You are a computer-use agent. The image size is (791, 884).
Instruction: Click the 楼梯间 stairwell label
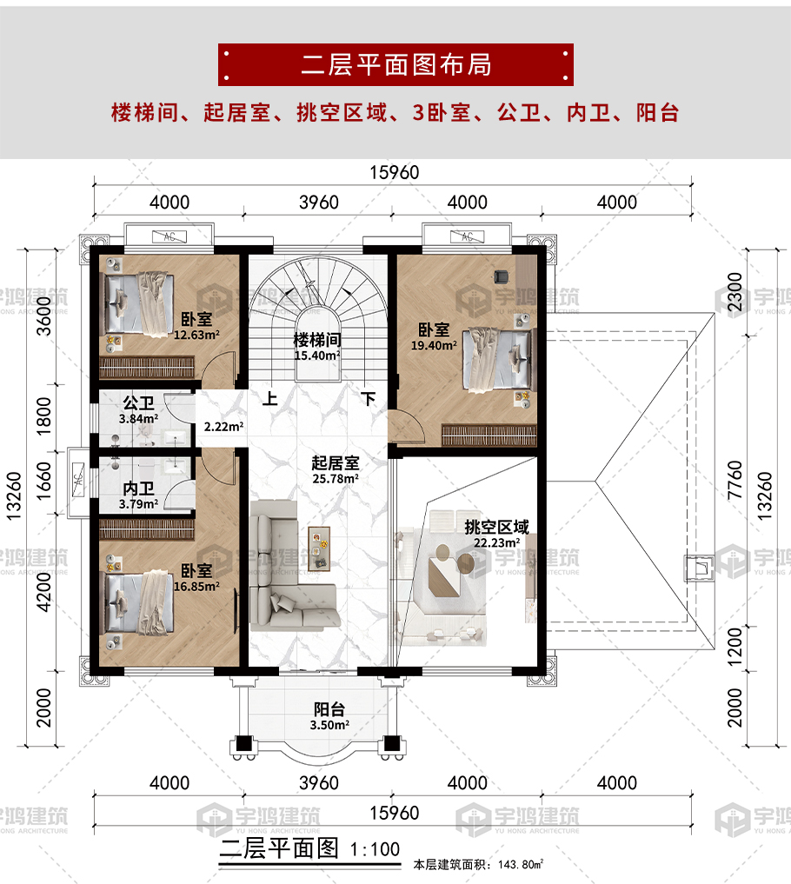(x=317, y=340)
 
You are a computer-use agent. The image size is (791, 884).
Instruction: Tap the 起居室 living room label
(x=336, y=462)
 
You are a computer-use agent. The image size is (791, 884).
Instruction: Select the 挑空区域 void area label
(x=496, y=527)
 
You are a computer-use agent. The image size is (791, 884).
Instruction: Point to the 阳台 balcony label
(x=329, y=709)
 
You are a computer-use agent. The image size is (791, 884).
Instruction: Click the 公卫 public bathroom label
(x=138, y=403)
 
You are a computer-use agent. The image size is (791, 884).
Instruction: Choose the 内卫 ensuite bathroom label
(x=138, y=489)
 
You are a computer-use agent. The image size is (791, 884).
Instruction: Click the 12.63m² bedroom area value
(x=196, y=335)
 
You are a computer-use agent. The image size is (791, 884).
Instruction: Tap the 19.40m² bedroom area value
(x=434, y=346)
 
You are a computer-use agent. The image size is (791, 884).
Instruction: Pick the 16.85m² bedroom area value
(x=196, y=587)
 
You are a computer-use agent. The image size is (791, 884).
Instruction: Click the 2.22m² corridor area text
(x=223, y=427)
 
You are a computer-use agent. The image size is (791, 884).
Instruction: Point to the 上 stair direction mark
(x=270, y=399)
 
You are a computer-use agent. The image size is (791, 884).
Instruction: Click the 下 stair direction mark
(x=369, y=399)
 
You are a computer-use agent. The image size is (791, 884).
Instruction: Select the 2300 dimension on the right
(x=734, y=291)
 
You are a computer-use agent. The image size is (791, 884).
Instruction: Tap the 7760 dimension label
(x=734, y=480)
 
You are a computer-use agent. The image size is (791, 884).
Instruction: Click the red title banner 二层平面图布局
(x=395, y=65)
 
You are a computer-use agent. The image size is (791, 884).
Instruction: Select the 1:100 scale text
(x=375, y=849)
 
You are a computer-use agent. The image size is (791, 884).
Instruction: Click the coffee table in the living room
(x=319, y=548)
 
